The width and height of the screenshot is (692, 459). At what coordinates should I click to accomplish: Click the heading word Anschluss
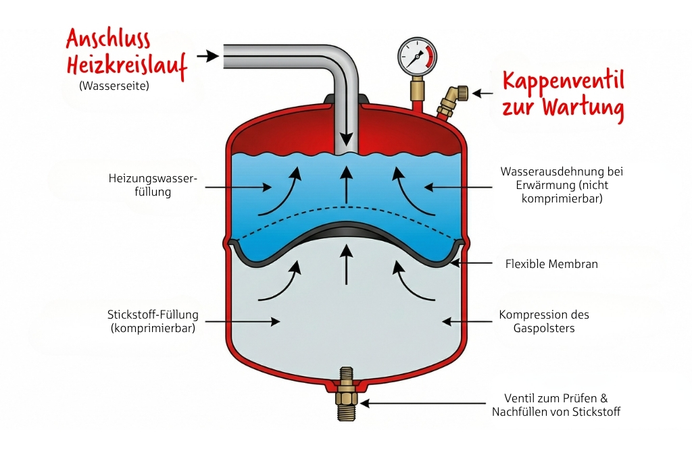108,39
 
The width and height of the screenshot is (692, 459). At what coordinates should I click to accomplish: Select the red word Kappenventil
562,81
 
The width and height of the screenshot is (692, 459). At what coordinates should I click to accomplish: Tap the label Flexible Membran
551,264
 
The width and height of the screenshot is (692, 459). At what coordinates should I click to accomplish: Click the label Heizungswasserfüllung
153,185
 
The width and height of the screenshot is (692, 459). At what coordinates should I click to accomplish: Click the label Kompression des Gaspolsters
544,321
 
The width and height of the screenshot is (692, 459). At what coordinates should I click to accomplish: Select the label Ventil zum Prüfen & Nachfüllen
555,405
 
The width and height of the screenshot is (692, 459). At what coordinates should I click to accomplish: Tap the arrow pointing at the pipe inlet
207,55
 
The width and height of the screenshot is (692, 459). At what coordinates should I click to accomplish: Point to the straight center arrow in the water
346,185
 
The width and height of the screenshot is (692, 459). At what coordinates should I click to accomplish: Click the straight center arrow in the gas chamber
346,266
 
